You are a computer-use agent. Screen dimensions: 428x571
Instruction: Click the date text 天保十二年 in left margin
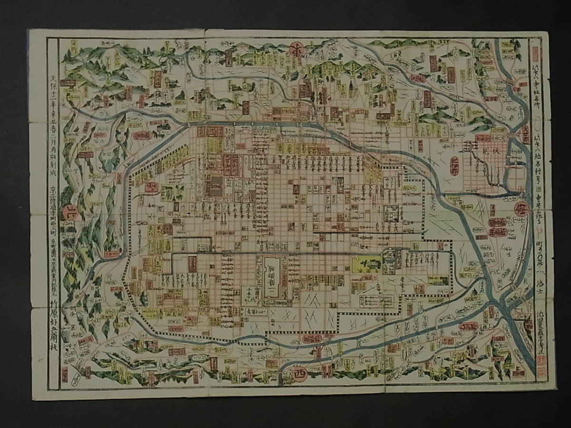point(53,86)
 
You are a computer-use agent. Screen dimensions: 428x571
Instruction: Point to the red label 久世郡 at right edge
point(526,136)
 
